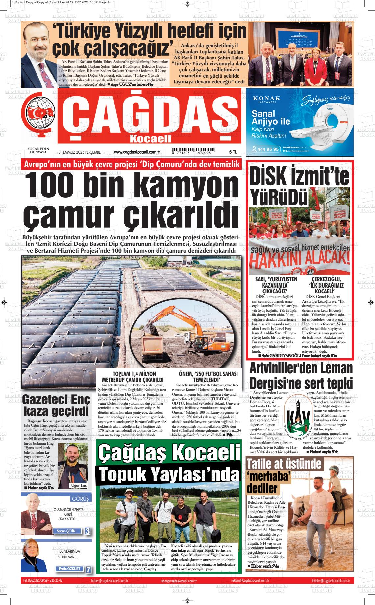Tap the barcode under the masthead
(191, 151)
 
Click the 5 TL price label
(233, 152)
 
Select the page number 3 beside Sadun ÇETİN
(87, 531)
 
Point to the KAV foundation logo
(298, 419)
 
